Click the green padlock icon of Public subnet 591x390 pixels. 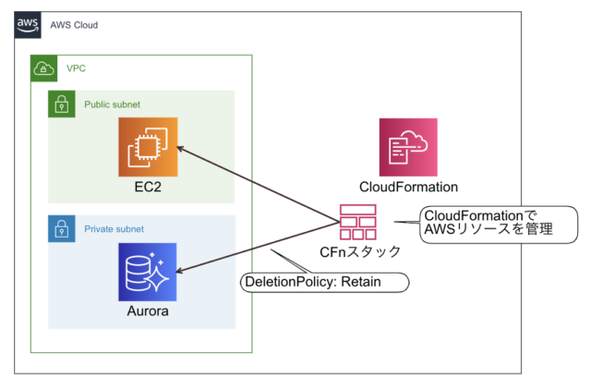61,104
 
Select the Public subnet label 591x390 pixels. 113,104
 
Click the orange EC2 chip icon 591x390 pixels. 147,147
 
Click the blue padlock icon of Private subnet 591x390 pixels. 61,228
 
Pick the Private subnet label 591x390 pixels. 115,228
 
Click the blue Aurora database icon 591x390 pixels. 147,273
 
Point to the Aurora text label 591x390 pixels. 147,312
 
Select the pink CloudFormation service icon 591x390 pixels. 408,147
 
